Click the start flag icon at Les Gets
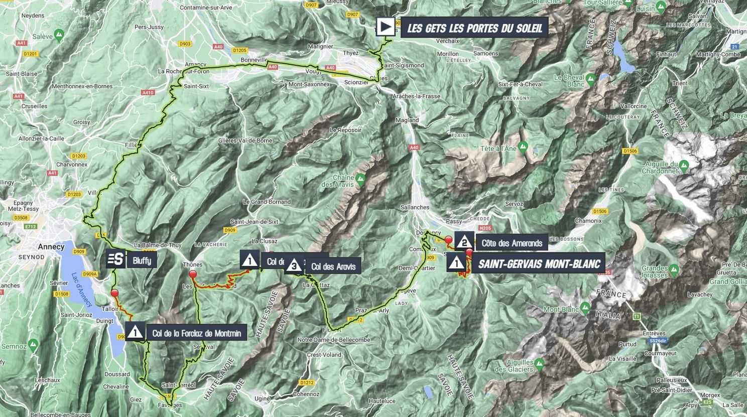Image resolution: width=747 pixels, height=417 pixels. pyautogui.click(x=386, y=27)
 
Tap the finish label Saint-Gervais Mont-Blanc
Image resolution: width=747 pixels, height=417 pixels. pyautogui.click(x=539, y=263)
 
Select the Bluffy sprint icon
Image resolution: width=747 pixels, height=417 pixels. pyautogui.click(x=115, y=259)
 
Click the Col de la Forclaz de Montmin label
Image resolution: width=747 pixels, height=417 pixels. pyautogui.click(x=196, y=333)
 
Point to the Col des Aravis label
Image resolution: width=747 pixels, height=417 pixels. pyautogui.click(x=333, y=266)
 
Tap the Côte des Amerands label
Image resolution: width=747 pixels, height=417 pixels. pyautogui.click(x=512, y=243)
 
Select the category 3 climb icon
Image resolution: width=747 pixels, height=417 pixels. pyautogui.click(x=294, y=266)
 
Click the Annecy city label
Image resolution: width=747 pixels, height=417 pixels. pyautogui.click(x=51, y=246)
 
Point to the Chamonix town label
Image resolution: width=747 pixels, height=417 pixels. pyautogui.click(x=588, y=221)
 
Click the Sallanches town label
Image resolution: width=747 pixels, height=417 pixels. pyautogui.click(x=415, y=207)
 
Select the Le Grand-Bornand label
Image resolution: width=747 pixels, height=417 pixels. pyautogui.click(x=267, y=202)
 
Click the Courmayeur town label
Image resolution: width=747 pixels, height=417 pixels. pyautogui.click(x=661, y=353)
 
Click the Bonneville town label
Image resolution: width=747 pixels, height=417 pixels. pyautogui.click(x=254, y=60)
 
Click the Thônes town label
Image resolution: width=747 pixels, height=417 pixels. pyautogui.click(x=193, y=264)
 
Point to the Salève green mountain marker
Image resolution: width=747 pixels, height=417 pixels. pyautogui.click(x=59, y=35)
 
